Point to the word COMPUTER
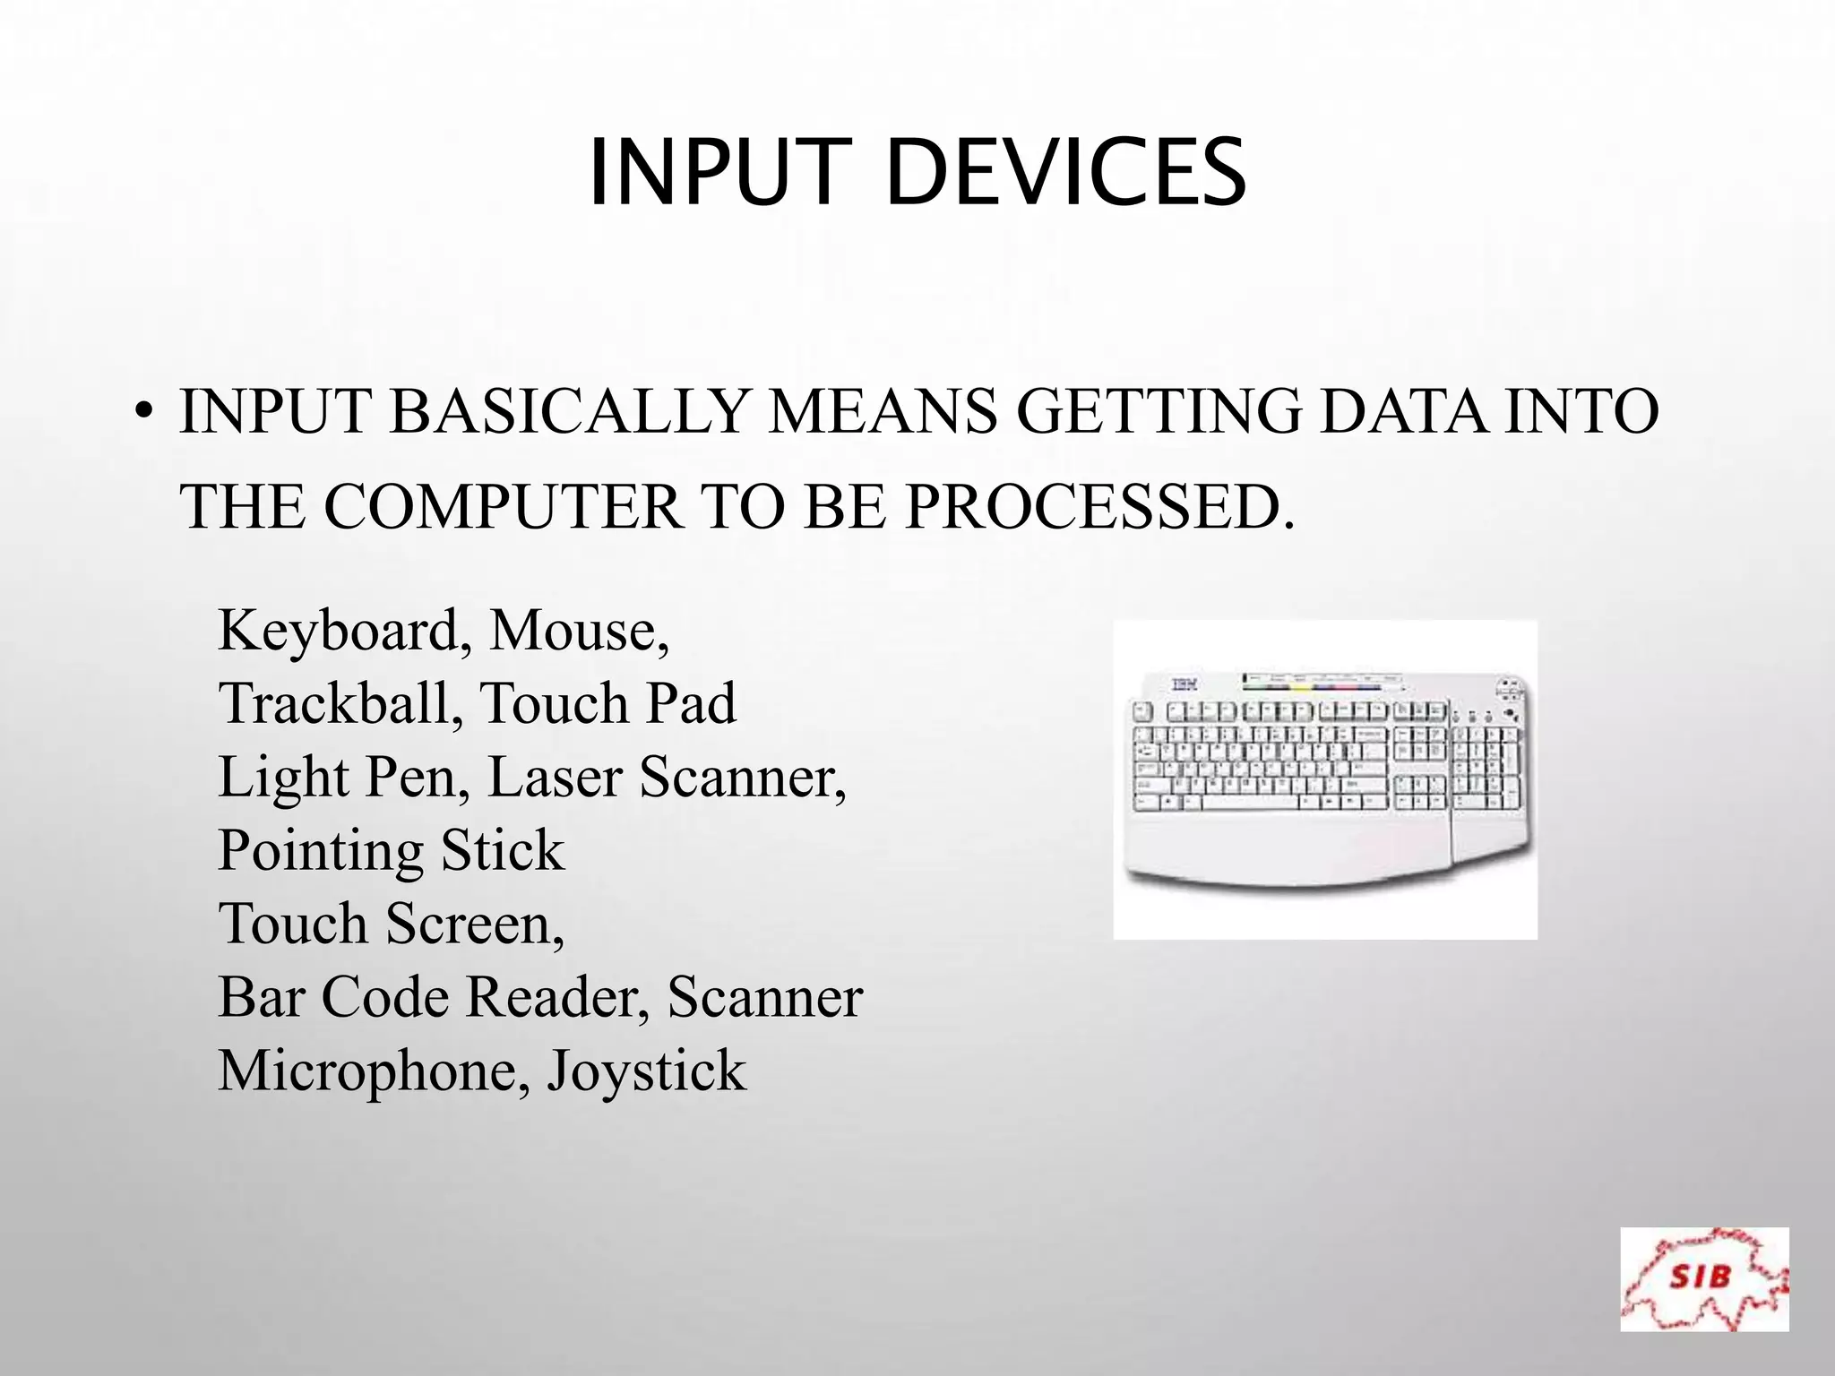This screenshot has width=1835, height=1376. (x=504, y=507)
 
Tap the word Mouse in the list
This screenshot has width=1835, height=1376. (x=578, y=631)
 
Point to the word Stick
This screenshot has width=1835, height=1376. (x=503, y=850)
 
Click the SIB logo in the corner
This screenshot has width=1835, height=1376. (x=1704, y=1278)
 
